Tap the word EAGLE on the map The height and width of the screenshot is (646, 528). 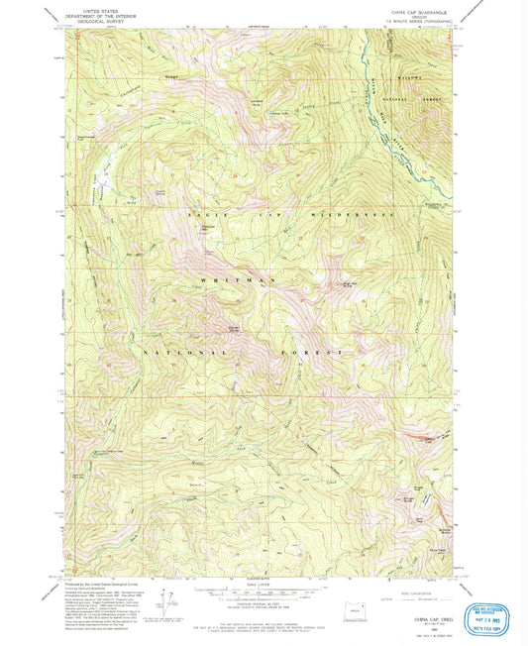(201, 214)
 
